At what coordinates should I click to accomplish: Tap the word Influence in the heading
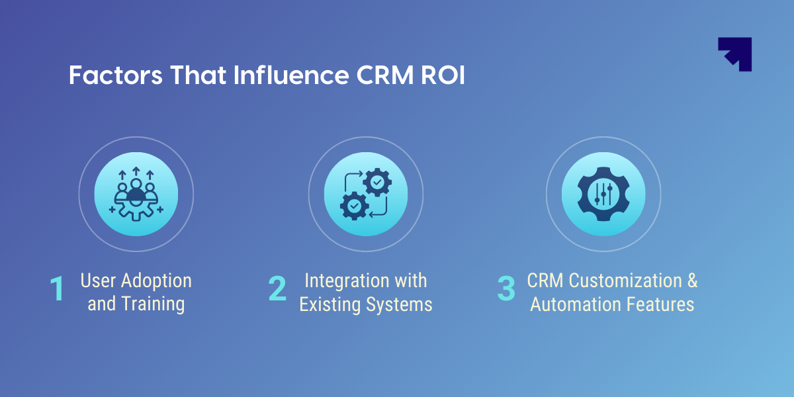tap(291, 75)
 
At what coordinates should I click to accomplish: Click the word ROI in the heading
tap(443, 75)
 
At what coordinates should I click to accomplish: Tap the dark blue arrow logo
tap(735, 54)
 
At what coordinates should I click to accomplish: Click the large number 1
tap(58, 290)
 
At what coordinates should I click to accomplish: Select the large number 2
tap(277, 290)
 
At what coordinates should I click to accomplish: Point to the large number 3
tap(506, 290)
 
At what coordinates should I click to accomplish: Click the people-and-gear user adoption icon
tap(136, 194)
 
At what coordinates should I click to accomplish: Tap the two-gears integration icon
tap(366, 194)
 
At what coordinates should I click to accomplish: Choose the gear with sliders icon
tap(603, 194)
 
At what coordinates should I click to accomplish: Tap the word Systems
tap(400, 304)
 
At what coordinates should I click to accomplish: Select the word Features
tap(661, 304)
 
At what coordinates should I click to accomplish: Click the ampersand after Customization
tap(691, 281)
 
